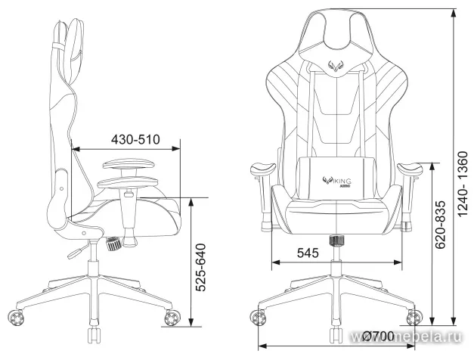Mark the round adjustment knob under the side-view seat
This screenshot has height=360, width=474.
[x=114, y=244]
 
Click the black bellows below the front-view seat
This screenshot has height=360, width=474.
[x=334, y=241]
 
